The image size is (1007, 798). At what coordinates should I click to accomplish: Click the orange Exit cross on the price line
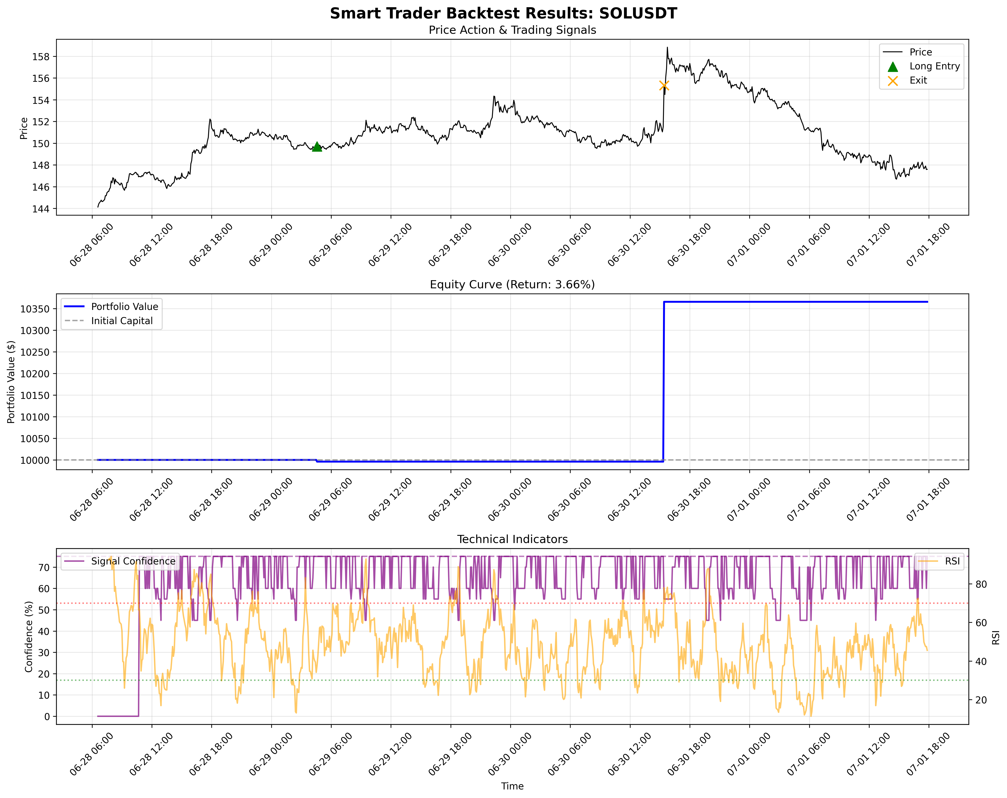click(x=664, y=85)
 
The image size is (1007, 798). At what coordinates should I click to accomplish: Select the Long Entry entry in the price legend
click(x=934, y=66)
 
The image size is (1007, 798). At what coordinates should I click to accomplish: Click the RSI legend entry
click(x=952, y=561)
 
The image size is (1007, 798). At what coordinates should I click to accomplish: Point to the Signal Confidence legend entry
click(x=133, y=561)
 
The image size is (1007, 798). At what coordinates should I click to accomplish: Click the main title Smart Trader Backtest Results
click(x=503, y=13)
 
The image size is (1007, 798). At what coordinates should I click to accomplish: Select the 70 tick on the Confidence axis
click(x=44, y=567)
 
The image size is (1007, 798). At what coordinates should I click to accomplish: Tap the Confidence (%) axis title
click(x=29, y=637)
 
